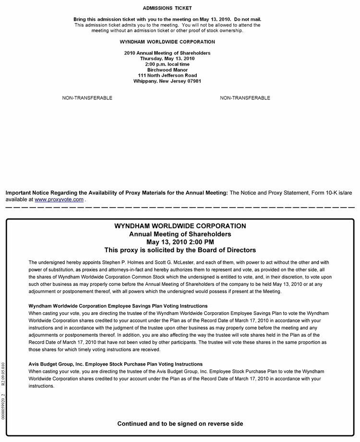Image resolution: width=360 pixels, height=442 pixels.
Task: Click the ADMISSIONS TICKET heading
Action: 167,8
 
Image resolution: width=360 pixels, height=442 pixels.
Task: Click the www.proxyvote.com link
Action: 59,199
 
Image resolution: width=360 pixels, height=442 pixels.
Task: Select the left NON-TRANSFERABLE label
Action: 87,98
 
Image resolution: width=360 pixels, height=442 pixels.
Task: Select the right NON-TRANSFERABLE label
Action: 245,98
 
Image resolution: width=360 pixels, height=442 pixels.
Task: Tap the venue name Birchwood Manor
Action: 167,70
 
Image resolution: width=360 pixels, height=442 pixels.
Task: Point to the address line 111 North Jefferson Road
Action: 167,75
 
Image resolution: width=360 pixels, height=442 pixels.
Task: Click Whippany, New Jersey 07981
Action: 167,81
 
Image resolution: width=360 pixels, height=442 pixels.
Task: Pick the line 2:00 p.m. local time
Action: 167,64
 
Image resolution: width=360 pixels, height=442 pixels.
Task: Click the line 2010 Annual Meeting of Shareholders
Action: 167,53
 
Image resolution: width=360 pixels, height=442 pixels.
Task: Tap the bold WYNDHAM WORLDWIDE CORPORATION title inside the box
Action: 180,226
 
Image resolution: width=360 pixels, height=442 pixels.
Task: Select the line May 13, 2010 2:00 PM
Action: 180,242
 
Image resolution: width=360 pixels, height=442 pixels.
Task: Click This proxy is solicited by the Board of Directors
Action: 180,250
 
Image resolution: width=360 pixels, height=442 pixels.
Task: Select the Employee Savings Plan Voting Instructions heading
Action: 118,306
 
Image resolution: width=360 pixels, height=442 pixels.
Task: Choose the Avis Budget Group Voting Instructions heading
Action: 116,364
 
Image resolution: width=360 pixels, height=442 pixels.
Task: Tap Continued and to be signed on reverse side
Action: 180,424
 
